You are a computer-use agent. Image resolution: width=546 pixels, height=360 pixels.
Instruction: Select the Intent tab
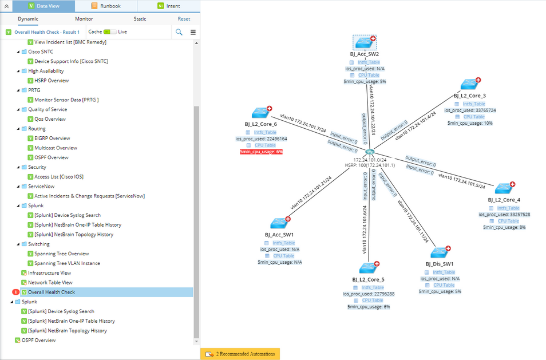click(x=169, y=6)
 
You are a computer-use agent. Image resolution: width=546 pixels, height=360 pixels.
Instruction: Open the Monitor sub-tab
click(x=84, y=19)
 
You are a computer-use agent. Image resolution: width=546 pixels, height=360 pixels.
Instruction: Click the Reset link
click(x=184, y=19)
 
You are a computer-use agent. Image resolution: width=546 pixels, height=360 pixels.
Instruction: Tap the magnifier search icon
click(x=179, y=32)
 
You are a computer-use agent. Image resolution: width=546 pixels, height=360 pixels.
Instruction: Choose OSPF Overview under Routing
click(x=52, y=157)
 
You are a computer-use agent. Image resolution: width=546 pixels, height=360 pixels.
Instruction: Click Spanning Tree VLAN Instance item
click(x=67, y=263)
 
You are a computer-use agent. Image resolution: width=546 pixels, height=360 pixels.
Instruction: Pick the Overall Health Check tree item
click(x=52, y=292)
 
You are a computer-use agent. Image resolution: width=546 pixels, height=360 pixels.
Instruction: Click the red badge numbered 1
click(x=15, y=292)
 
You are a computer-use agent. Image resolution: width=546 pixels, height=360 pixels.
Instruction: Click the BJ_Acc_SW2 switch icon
click(x=365, y=42)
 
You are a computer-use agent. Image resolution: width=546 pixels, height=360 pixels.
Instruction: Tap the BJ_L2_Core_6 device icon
click(x=260, y=113)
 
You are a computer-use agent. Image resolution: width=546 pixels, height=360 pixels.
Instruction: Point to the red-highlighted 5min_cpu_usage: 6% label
click(x=260, y=152)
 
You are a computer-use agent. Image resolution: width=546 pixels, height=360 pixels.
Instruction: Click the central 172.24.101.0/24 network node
click(x=370, y=152)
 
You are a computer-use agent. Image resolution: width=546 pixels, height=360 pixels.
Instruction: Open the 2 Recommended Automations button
click(x=240, y=354)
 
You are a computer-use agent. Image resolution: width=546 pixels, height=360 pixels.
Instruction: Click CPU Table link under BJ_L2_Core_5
click(x=372, y=300)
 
